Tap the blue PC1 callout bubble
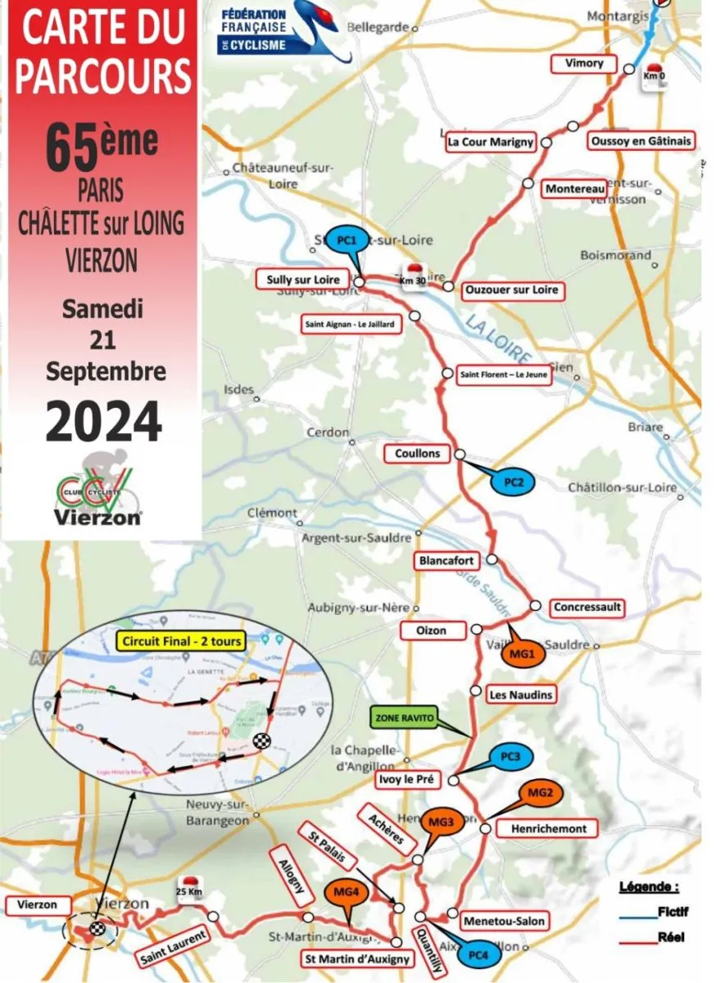(347, 241)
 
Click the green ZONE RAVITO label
(403, 718)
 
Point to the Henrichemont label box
(549, 828)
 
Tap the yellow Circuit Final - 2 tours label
(181, 641)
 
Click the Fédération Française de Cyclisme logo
(287, 30)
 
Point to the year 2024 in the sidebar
(103, 422)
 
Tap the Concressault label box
(587, 608)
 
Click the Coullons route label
(417, 453)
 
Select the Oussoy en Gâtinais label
(640, 141)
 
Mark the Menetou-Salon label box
(504, 921)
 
